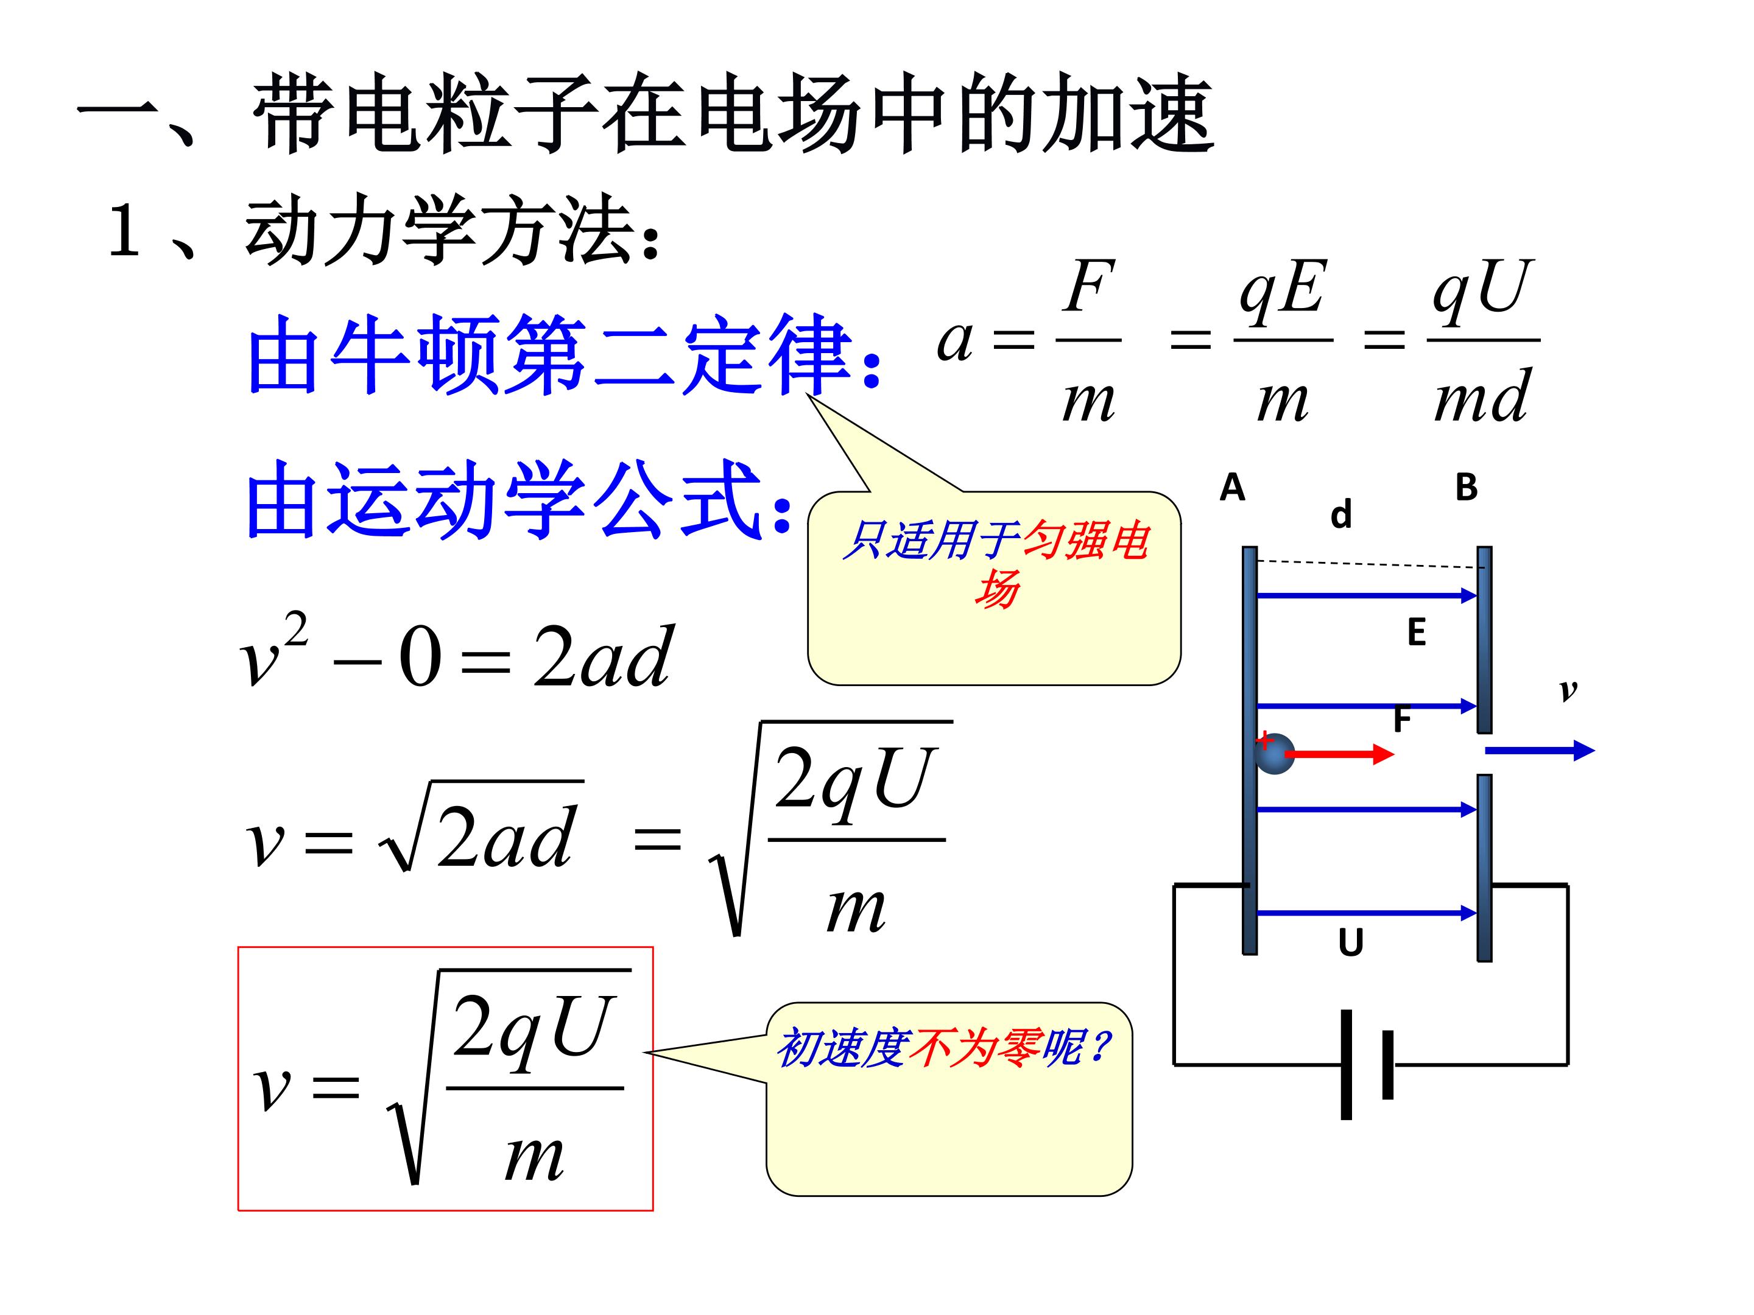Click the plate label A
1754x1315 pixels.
pyautogui.click(x=1231, y=488)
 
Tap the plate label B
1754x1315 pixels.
pyautogui.click(x=1466, y=488)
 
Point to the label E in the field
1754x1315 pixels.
pyautogui.click(x=1416, y=633)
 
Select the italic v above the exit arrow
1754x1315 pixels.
pyautogui.click(x=1568, y=691)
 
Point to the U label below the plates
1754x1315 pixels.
pyautogui.click(x=1350, y=943)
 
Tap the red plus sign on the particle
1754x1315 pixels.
pyautogui.click(x=1265, y=740)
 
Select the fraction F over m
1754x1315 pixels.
pyautogui.click(x=1089, y=340)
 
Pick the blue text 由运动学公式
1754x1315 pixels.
pyautogui.click(x=504, y=499)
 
